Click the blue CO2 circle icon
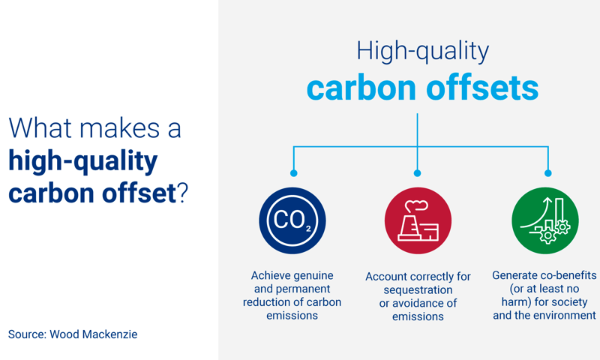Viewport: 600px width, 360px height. coord(292,220)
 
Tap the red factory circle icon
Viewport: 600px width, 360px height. coord(418,220)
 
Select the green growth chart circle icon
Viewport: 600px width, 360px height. coord(545,220)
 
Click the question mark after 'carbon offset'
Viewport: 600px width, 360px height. coord(181,193)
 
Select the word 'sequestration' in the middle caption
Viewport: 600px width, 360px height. coord(418,289)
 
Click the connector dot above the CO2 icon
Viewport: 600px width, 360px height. coord(293,173)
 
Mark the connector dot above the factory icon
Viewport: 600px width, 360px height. coord(418,173)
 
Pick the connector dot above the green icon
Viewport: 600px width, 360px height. coord(548,173)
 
